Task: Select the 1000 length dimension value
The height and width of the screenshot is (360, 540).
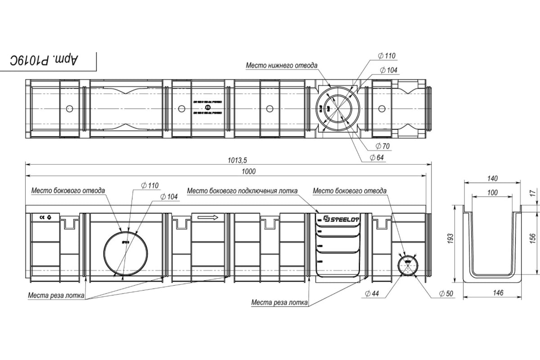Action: point(248,171)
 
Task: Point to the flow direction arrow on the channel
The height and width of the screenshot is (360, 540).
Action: point(207,217)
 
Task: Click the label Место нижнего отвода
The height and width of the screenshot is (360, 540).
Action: point(281,65)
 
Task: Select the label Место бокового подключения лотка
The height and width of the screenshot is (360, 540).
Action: point(242,191)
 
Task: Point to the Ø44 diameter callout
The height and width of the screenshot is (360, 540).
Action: point(372,293)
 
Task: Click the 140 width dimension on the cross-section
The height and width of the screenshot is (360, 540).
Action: point(493,179)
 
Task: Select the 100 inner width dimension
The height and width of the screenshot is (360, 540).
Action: point(493,192)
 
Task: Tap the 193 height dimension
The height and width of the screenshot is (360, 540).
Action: point(452,243)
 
